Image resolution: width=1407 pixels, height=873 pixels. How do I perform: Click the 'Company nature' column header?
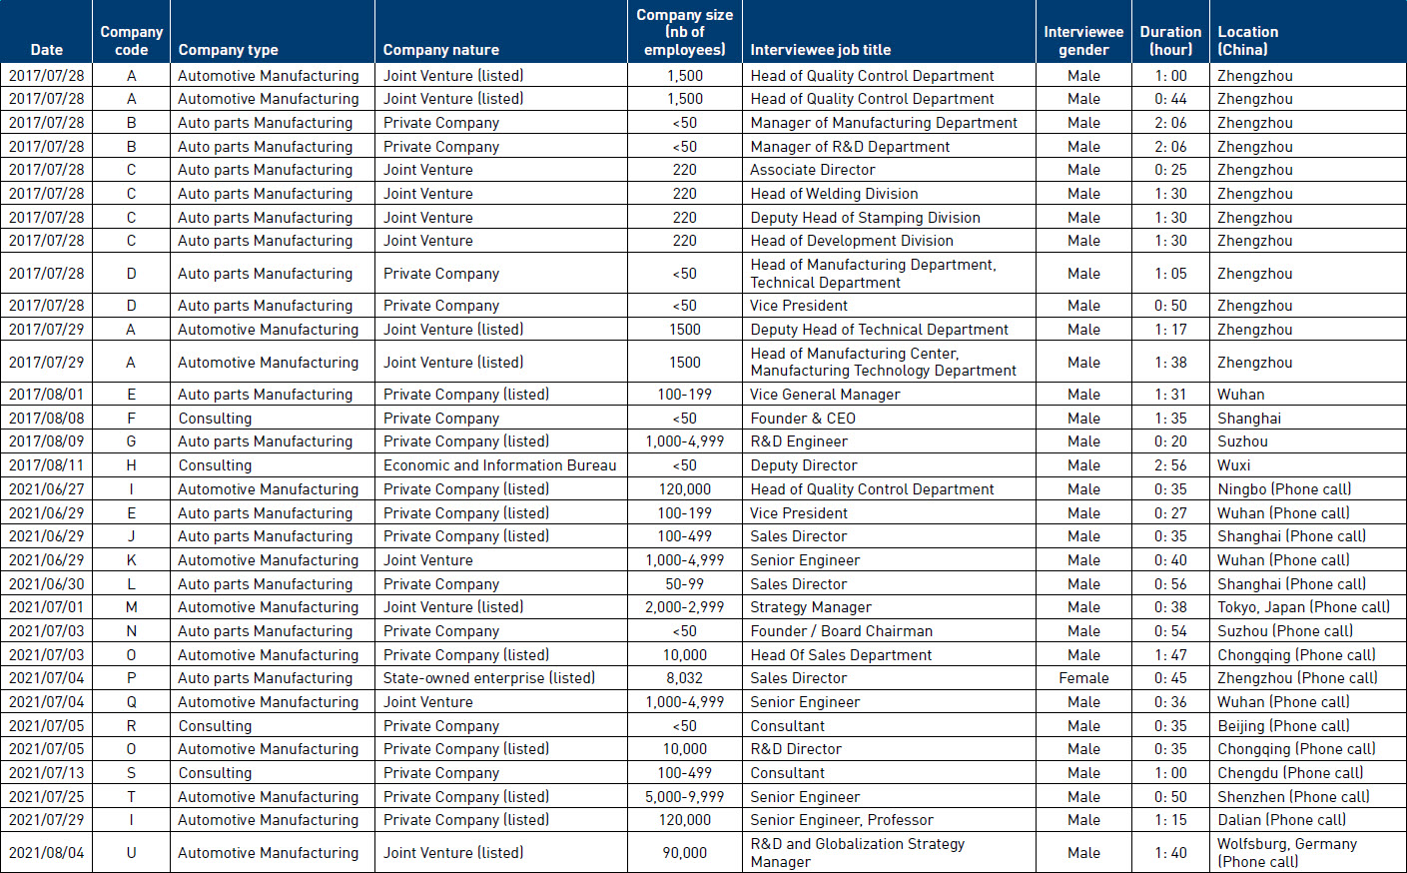click(441, 50)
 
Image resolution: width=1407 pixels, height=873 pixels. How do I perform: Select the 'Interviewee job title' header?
click(820, 50)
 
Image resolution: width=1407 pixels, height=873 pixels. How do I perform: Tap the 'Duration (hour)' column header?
click(1170, 40)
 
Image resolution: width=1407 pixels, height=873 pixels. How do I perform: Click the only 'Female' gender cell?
click(1083, 678)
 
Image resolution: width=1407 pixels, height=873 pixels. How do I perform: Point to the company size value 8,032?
click(685, 678)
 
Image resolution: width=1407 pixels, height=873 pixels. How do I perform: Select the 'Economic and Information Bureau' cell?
click(500, 465)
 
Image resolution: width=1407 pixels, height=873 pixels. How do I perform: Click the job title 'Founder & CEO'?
click(803, 418)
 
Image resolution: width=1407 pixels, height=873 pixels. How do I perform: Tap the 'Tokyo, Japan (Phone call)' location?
click(1303, 607)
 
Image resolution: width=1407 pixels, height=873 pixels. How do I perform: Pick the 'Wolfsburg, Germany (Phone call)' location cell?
click(1287, 852)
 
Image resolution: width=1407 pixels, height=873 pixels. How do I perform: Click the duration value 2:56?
click(1170, 465)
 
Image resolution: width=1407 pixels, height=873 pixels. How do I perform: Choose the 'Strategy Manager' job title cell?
click(811, 607)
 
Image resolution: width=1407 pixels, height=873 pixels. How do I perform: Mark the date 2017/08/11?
click(47, 465)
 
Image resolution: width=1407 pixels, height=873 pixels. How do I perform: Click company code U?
click(131, 853)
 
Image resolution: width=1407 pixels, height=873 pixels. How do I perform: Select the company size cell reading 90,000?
click(685, 853)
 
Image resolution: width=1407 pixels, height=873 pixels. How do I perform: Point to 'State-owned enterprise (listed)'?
click(489, 678)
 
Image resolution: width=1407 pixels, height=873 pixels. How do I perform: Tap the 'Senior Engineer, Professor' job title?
click(842, 820)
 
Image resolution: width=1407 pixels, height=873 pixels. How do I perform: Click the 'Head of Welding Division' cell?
click(834, 194)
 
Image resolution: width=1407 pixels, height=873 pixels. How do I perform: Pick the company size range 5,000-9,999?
click(685, 797)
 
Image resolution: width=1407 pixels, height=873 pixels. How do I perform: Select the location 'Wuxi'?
click(1233, 465)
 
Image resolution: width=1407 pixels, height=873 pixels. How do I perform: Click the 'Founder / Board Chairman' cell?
click(841, 631)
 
